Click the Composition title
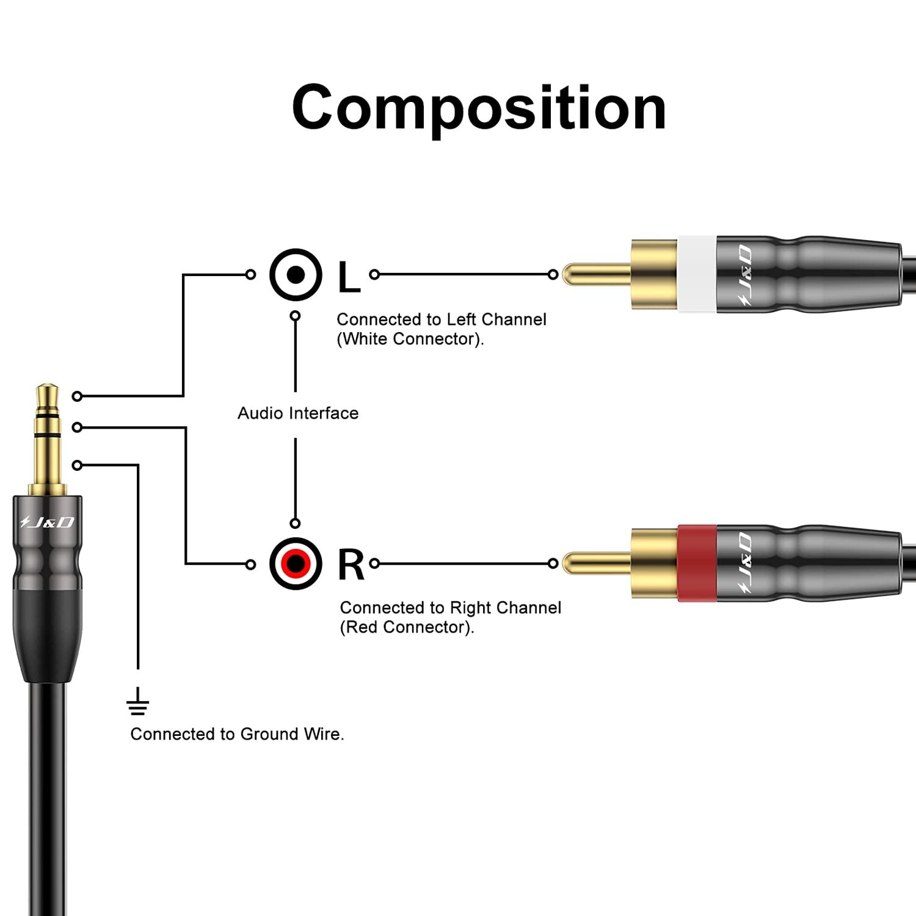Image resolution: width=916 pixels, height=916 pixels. click(479, 108)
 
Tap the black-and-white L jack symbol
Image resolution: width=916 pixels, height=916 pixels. click(296, 275)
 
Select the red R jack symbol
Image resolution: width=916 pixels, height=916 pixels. click(296, 563)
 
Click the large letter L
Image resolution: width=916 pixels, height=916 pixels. click(349, 277)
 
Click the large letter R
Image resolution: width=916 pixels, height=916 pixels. click(351, 565)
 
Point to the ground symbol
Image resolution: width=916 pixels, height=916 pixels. click(138, 702)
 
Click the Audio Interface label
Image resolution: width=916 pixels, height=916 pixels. click(298, 413)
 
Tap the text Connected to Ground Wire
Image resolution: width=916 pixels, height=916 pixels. click(237, 734)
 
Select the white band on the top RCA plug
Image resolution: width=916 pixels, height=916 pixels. click(696, 274)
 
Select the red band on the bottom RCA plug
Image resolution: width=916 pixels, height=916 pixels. click(696, 563)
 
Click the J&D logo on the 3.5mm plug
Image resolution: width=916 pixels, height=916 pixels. click(47, 522)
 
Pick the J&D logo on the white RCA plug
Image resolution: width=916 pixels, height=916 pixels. click(744, 275)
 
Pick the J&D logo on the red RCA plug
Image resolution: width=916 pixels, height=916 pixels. click(744, 563)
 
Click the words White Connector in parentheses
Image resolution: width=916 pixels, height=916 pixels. click(410, 339)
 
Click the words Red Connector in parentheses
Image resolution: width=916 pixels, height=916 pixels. click(407, 627)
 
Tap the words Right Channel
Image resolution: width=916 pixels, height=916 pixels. click(505, 608)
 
